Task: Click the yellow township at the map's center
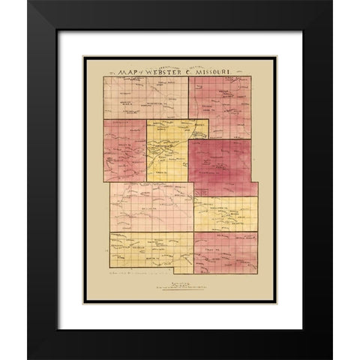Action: coord(167,150)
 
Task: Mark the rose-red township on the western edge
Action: coord(124,150)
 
